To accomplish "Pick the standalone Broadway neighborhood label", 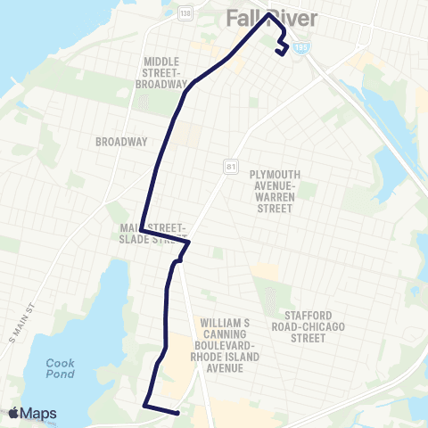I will point(120,141).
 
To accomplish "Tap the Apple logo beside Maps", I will point(14,413).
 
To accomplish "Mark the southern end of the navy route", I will point(177,413).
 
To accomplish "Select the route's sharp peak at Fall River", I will point(267,15).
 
